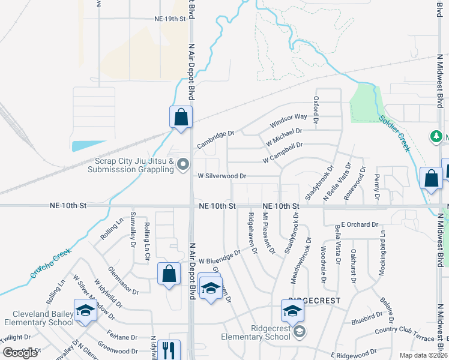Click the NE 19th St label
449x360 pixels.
click(170, 19)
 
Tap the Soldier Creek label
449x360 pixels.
click(394, 130)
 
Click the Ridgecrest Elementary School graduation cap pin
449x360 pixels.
click(292, 311)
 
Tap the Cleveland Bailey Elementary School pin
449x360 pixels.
click(85, 311)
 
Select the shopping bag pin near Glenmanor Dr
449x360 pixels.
click(169, 274)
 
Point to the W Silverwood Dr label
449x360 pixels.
click(222, 176)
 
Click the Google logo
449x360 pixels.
click(20, 353)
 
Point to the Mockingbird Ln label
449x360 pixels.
click(381, 258)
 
